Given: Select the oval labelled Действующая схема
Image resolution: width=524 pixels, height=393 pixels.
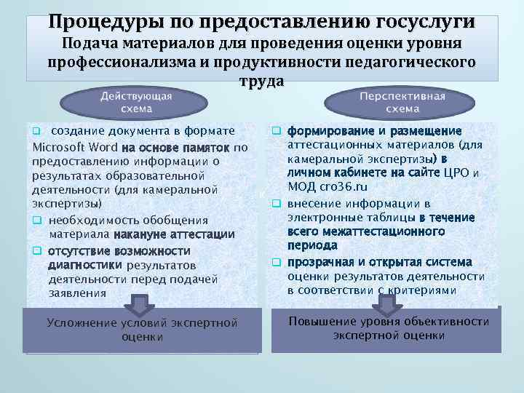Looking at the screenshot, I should [136, 103].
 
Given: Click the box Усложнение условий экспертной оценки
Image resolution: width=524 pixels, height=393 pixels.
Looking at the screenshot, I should [142, 330].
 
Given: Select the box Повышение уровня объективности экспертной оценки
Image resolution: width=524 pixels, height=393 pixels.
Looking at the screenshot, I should [389, 328].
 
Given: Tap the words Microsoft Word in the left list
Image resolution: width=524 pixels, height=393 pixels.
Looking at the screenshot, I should [76, 148].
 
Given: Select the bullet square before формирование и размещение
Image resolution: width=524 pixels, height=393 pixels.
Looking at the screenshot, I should [276, 132].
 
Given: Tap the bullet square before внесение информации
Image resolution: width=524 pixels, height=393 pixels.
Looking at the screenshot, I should [276, 203].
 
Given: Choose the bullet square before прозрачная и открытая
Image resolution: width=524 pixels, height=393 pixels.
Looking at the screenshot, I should [276, 262].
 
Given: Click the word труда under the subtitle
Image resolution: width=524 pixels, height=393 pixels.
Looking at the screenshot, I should [261, 82].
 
